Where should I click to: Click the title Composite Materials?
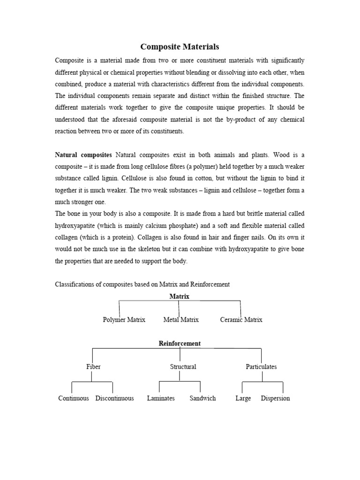[180, 47]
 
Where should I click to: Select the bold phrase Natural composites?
[83, 154]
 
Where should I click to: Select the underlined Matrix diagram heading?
[179, 296]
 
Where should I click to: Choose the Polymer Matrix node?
[124, 320]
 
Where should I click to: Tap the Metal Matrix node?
[181, 320]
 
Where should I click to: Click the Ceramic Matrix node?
[241, 320]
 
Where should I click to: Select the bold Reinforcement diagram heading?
[180, 344]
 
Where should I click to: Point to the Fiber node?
[93, 367]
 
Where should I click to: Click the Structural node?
[183, 367]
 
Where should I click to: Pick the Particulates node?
[261, 367]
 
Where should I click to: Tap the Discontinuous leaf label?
[114, 398]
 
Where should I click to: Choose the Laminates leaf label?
[161, 398]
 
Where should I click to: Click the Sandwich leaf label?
[202, 398]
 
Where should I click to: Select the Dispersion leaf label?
[275, 398]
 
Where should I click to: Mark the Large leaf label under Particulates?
[243, 398]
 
